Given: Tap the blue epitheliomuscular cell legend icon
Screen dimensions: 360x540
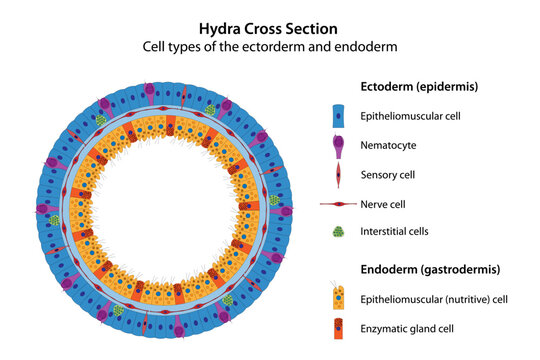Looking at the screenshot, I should point(340,117).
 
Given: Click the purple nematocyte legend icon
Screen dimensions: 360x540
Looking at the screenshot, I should point(340,146).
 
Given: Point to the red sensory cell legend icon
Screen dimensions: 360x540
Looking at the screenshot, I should point(340,176).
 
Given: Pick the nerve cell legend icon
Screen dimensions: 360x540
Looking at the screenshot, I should point(340,205).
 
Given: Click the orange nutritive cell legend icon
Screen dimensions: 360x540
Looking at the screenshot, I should point(340,298).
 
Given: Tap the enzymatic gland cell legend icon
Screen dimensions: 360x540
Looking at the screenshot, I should point(340,328).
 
